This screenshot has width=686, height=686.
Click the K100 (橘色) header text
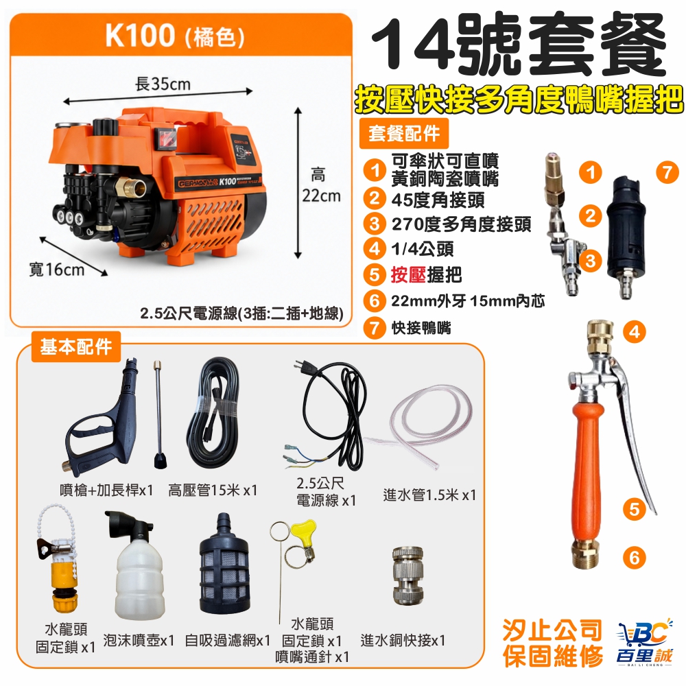tap(174, 36)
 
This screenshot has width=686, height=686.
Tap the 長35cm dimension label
tap(163, 84)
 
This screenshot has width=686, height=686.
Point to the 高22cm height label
tap(321, 185)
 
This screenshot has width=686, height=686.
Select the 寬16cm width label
tap(56, 269)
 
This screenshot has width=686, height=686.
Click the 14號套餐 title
tap(519, 46)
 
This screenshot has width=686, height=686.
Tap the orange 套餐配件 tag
tap(404, 133)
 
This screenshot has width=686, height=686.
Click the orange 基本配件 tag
tap(76, 347)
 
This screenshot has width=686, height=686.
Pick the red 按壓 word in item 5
tap(408, 275)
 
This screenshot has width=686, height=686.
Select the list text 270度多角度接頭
tap(461, 224)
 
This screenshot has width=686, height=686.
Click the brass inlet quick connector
tap(407, 576)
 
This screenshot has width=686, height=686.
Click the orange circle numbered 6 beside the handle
tap(635, 558)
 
